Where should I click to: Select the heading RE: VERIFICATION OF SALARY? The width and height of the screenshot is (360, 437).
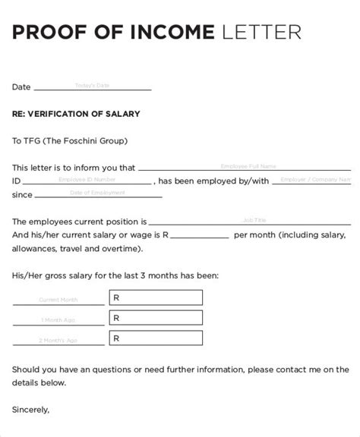(76, 114)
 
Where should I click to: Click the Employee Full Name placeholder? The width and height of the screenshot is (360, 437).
(248, 165)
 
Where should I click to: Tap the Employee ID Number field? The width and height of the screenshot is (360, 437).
(87, 180)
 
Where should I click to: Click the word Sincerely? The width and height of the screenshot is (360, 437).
(31, 410)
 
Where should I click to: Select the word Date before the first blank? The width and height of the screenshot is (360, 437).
(21, 87)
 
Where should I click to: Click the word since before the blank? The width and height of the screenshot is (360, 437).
(23, 195)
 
